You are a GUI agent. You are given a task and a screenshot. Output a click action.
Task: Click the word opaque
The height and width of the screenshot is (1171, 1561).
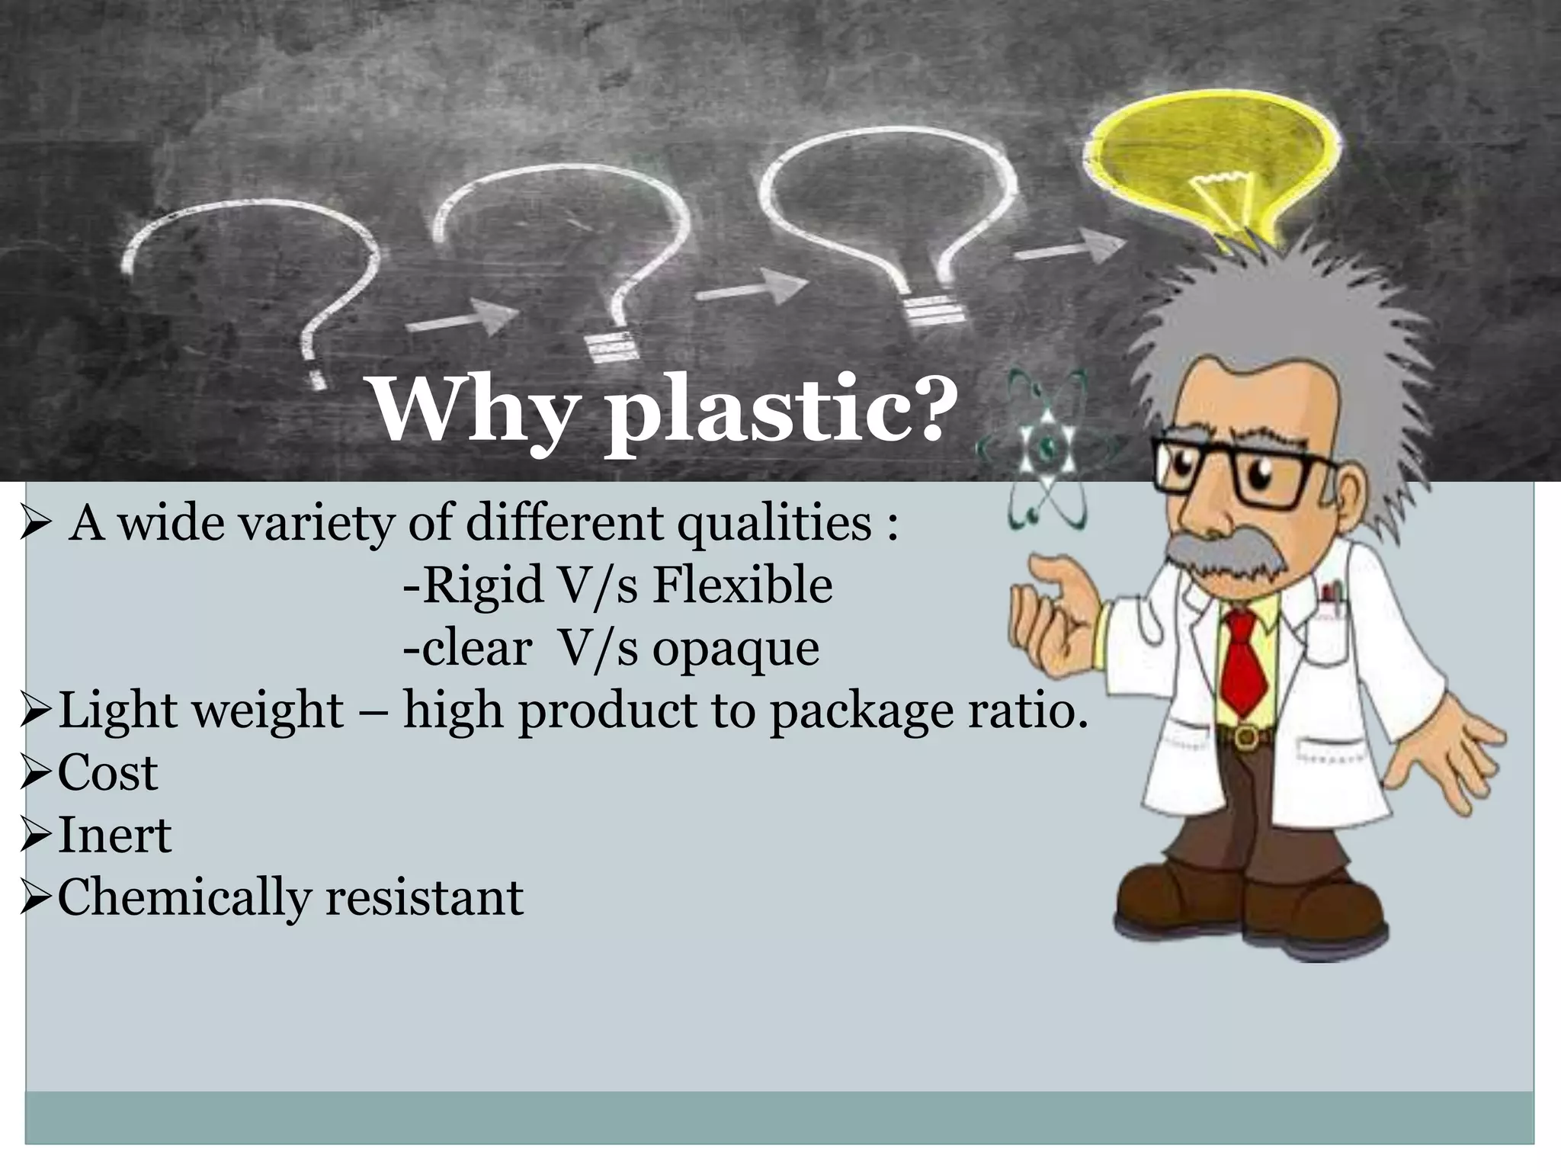[x=736, y=649]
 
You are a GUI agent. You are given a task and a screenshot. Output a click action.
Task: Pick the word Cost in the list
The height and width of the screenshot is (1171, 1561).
[x=107, y=773]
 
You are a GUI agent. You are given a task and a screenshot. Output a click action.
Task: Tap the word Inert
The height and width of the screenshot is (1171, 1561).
[x=114, y=836]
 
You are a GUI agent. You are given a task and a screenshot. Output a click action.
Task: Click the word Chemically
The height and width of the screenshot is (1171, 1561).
[x=184, y=898]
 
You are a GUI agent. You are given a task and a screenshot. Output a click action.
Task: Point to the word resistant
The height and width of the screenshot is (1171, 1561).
[x=425, y=897]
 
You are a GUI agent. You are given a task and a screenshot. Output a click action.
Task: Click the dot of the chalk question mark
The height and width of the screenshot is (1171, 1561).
[x=316, y=379]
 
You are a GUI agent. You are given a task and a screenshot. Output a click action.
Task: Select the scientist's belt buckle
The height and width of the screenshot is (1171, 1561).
[x=1245, y=736]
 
